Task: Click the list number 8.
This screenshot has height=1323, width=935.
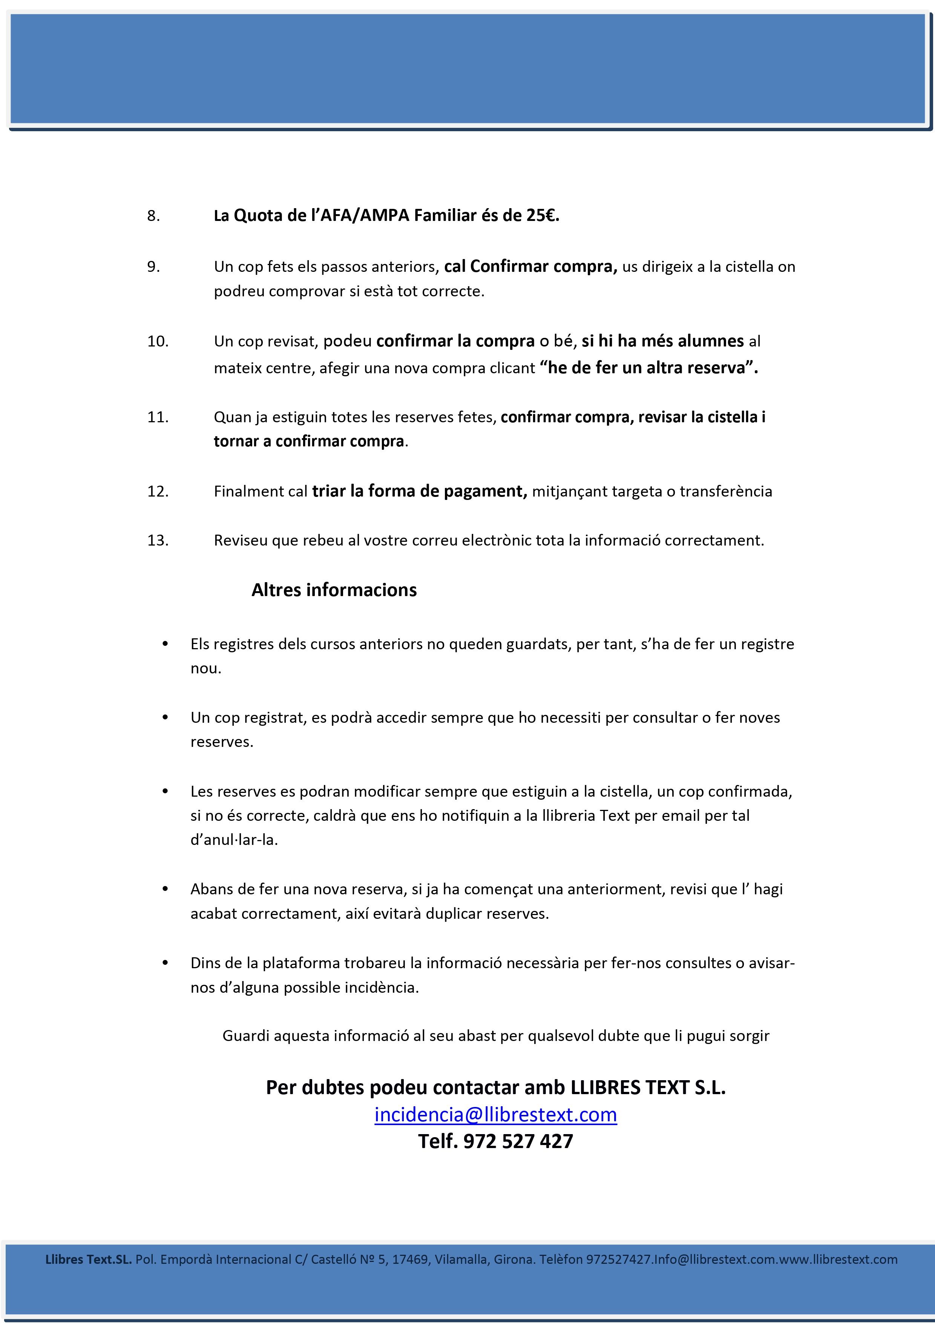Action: pyautogui.click(x=153, y=216)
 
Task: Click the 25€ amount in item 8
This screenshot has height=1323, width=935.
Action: pyautogui.click(x=542, y=216)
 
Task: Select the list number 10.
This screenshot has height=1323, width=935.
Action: pyautogui.click(x=158, y=342)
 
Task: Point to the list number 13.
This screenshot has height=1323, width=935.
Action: pyautogui.click(x=158, y=541)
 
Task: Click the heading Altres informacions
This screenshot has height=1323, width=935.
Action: pyautogui.click(x=334, y=590)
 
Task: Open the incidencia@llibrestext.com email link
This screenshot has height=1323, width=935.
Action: pyautogui.click(x=495, y=1115)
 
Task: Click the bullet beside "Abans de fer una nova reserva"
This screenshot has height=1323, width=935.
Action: pyautogui.click(x=166, y=889)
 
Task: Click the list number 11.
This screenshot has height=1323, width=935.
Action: pyautogui.click(x=158, y=417)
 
